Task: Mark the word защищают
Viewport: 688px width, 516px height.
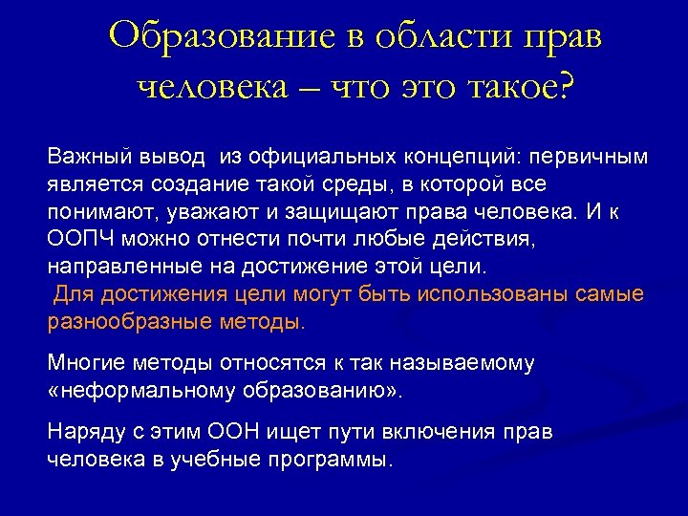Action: (276, 208)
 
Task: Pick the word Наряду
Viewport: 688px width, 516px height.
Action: (83, 433)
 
